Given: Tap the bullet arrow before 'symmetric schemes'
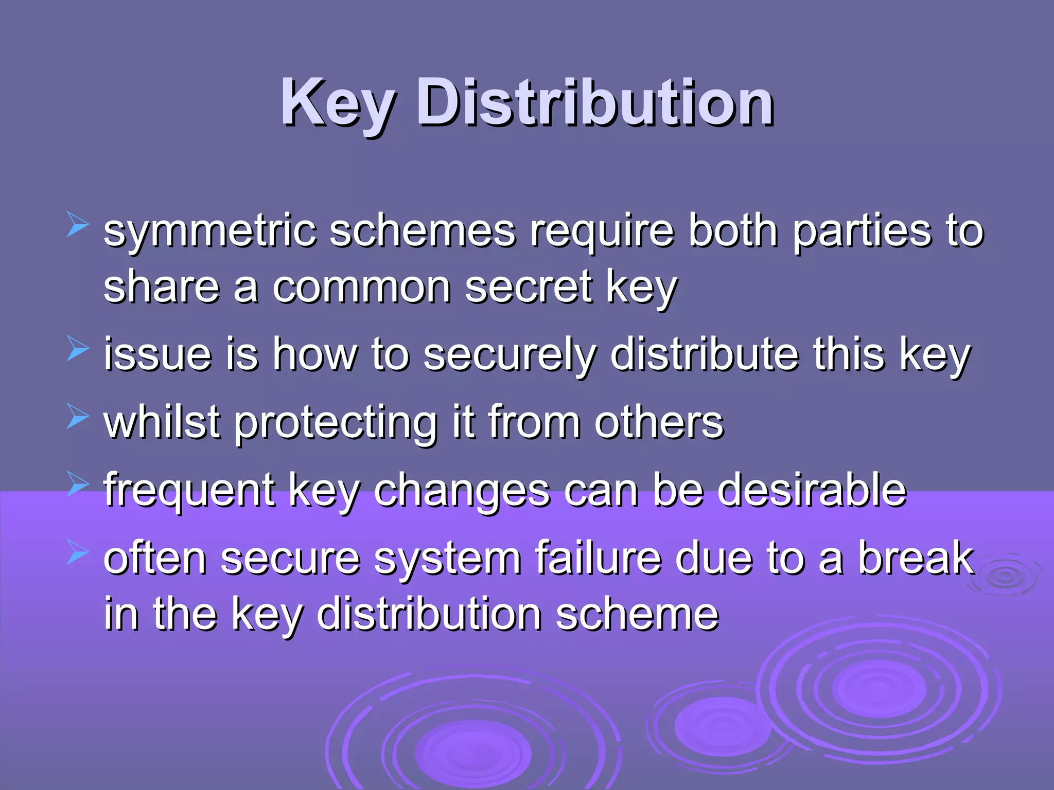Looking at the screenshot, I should [78, 226].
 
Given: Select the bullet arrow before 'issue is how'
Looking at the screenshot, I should [78, 349].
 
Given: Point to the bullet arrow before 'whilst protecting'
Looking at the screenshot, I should [78, 417].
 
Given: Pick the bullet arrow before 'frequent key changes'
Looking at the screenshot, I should [78, 484].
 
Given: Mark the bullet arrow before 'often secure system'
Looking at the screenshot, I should [78, 553].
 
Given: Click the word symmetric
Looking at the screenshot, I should [209, 232].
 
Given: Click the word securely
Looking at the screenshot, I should [510, 356].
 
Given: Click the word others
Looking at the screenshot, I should [659, 423].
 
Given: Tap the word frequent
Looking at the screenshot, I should [189, 492].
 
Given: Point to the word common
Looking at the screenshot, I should [361, 288].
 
